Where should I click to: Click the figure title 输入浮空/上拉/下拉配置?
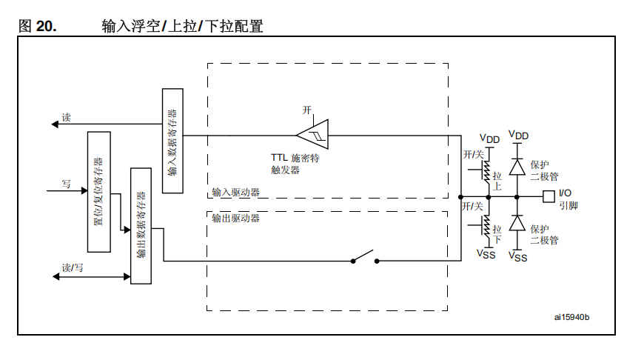(x=182, y=27)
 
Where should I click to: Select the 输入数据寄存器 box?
(x=172, y=141)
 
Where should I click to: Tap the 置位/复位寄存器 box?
(x=98, y=191)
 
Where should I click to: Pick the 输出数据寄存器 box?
(x=141, y=225)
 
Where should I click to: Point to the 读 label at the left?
(x=66, y=117)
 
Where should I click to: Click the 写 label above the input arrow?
(x=66, y=183)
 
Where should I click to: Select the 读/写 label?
(x=73, y=268)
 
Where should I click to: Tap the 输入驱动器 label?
(x=235, y=193)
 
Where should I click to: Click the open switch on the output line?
(x=365, y=259)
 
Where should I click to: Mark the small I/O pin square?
(x=549, y=197)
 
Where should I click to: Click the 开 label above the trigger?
(x=307, y=110)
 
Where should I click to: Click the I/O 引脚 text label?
(x=568, y=199)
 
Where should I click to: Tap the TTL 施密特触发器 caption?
(x=295, y=164)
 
